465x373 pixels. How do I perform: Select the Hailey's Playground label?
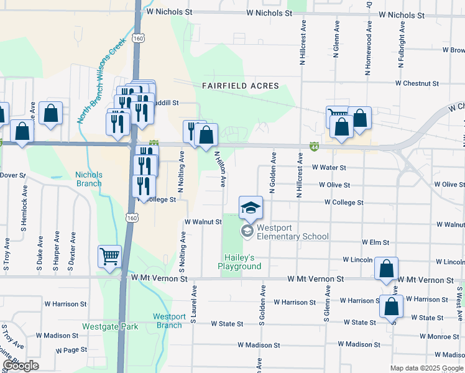click(x=239, y=262)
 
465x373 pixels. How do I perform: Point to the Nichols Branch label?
click(x=89, y=179)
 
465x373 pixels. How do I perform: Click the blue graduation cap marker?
click(x=251, y=208)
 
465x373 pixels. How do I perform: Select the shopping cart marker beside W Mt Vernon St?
click(x=110, y=256)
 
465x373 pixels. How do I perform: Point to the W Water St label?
click(x=328, y=167)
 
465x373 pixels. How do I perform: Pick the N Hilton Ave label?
click(x=219, y=168)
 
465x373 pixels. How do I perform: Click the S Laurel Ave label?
click(x=194, y=304)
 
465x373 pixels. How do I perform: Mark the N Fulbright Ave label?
click(x=401, y=47)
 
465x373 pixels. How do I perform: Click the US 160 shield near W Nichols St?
click(x=137, y=39)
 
